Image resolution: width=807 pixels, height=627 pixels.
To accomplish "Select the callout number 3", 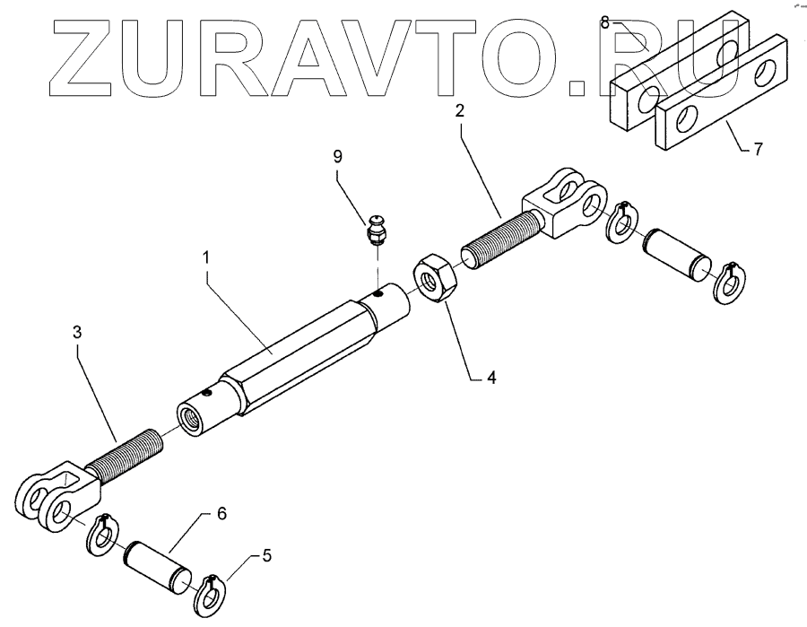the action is click(x=77, y=332).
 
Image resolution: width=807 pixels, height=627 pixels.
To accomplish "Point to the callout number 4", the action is click(x=490, y=378).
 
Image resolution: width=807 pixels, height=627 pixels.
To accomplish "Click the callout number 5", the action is click(x=267, y=557).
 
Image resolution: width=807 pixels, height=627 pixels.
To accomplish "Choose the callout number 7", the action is click(x=759, y=149).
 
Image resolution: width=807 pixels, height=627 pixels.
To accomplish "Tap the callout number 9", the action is click(x=337, y=156).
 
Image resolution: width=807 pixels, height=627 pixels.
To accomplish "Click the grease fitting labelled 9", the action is click(x=377, y=231).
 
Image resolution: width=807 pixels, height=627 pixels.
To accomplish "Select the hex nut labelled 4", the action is click(x=437, y=279).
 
